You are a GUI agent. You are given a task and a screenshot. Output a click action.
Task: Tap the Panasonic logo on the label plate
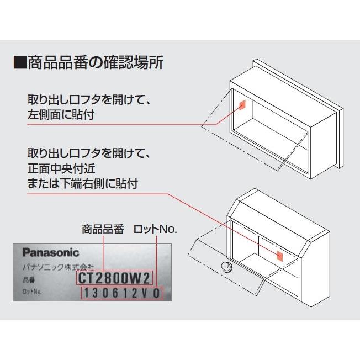[x=51, y=252]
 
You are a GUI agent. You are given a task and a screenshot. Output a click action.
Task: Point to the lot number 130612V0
[x=123, y=293]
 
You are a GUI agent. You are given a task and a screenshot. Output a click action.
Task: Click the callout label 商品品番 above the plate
[x=103, y=229]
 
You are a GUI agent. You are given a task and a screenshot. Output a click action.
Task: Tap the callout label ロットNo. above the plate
[x=155, y=229]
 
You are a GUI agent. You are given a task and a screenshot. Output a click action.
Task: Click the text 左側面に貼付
[x=66, y=117]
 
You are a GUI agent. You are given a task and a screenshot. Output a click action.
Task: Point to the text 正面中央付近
[x=66, y=167]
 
